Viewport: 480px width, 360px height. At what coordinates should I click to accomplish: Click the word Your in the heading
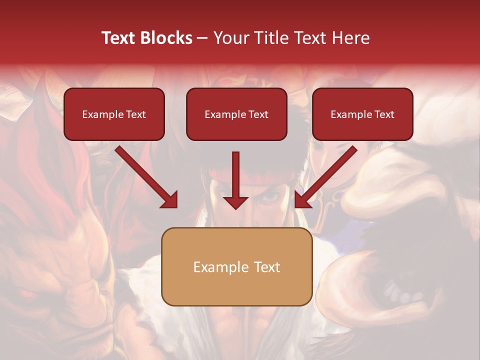pos(231,38)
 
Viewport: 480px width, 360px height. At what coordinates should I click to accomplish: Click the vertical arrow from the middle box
pos(235,180)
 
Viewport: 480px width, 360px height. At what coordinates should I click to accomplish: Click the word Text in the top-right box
pos(383,114)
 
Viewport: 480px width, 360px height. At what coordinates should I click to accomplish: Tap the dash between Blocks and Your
pos(202,38)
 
